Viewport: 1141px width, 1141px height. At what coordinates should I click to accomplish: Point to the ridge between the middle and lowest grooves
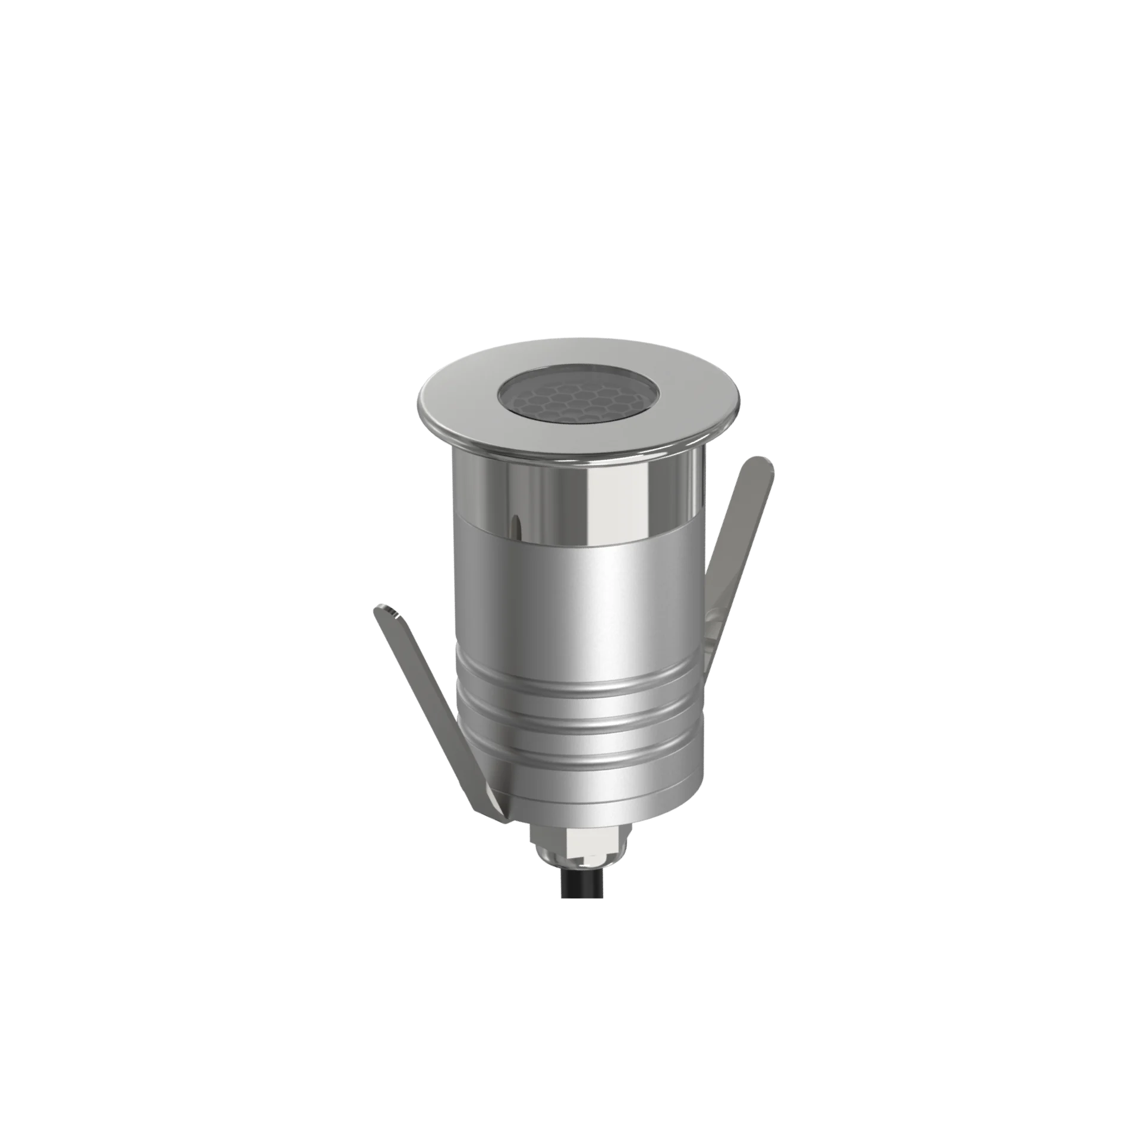tap(576, 740)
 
